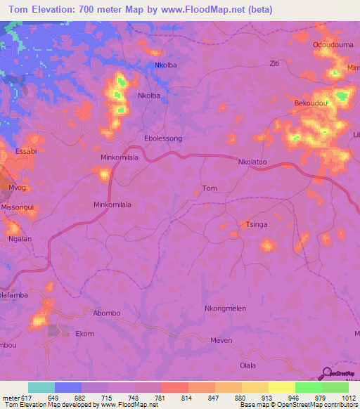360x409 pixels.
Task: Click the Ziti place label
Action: (x=275, y=63)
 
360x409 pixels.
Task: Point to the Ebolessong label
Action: (x=162, y=138)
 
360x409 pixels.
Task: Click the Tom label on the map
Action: (x=210, y=188)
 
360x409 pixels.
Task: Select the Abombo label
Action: (x=107, y=313)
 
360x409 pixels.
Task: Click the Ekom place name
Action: (x=84, y=334)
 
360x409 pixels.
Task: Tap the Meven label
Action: (x=221, y=340)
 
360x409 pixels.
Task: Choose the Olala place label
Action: (x=248, y=365)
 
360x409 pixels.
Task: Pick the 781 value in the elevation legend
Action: (x=148, y=398)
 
